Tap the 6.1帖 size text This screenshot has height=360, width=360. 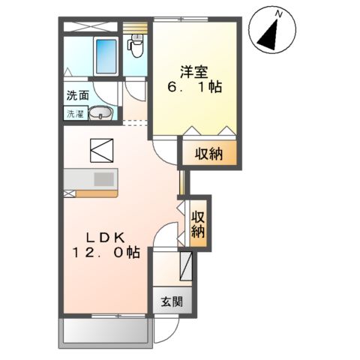tap(194, 87)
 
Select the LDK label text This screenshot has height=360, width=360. tap(106, 238)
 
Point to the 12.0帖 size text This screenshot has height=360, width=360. tap(106, 252)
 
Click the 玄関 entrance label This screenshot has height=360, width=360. tap(172, 301)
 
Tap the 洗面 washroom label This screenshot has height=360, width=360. tap(77, 95)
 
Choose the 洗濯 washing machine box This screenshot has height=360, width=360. tap(75, 114)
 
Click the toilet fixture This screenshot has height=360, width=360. tap(135, 46)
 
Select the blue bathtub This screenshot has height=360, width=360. tap(106, 56)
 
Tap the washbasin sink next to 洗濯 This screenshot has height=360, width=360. tap(100, 113)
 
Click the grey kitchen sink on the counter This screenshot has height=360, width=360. tap(103, 179)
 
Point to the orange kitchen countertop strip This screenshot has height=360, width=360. tap(97, 194)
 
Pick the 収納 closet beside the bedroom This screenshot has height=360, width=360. tap(209, 153)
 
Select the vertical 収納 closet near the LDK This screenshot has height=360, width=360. tap(198, 224)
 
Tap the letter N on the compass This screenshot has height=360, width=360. tap(278, 15)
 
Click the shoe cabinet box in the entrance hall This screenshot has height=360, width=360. tap(186, 266)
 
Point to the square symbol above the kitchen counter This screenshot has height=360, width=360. tap(101, 151)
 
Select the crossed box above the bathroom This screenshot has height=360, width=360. tap(90, 27)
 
